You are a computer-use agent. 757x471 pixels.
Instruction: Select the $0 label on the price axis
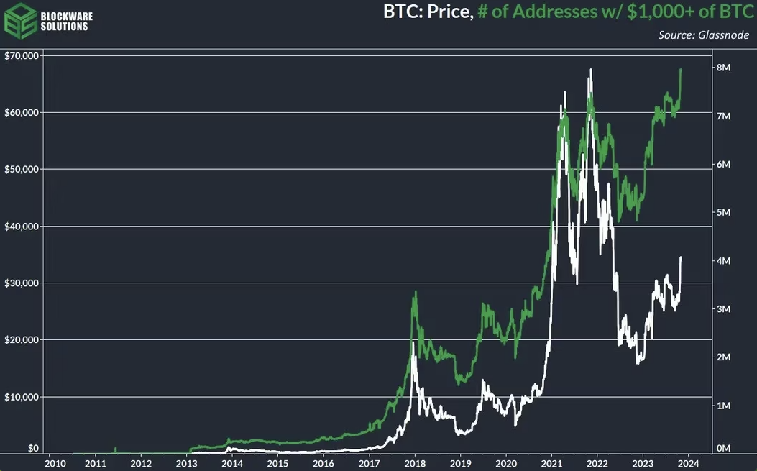pos(33,448)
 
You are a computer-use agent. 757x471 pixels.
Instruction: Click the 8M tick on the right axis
pos(723,68)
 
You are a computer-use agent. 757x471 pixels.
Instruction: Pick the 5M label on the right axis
pos(723,212)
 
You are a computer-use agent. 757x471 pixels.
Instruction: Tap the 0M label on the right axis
pos(723,448)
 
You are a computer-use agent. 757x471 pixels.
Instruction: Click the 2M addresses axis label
pos(723,357)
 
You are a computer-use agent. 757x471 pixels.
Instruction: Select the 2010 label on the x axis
pos(55,463)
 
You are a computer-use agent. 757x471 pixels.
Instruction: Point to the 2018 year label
pos(415,463)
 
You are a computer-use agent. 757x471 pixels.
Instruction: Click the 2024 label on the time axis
pos(688,463)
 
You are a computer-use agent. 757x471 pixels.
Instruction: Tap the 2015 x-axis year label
pos(278,463)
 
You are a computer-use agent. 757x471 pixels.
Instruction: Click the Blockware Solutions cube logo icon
pos(20,20)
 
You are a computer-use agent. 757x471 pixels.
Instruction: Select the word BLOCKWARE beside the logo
pos(66,16)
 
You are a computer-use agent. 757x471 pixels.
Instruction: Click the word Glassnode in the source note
pos(723,35)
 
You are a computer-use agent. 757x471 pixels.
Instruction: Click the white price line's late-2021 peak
pos(591,70)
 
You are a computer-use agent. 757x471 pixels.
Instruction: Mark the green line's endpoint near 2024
pos(681,70)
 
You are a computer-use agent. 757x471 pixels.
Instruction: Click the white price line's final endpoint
pos(681,257)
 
